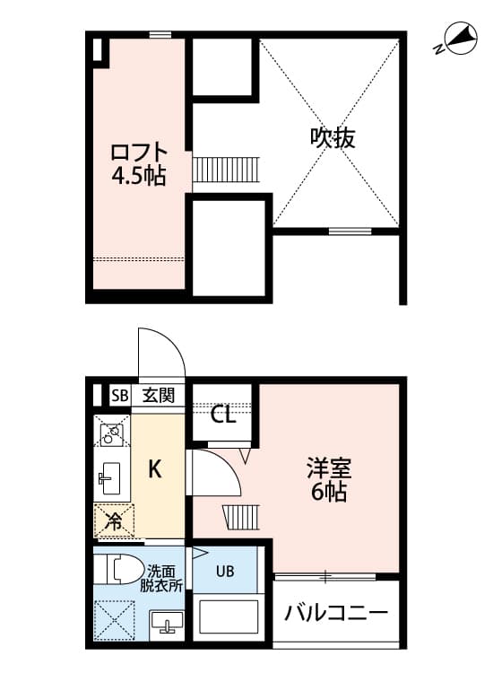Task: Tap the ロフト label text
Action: [x=138, y=150]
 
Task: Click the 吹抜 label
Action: [x=333, y=136]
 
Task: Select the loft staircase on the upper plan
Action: [x=226, y=169]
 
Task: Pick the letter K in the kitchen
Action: [x=154, y=468]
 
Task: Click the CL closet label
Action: [x=224, y=415]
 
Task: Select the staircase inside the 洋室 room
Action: [x=240, y=517]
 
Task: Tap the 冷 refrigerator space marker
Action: [x=114, y=520]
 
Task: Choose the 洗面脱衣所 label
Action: [x=162, y=576]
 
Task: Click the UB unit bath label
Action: [x=224, y=569]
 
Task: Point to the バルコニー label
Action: [x=337, y=615]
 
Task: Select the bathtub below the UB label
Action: [x=226, y=618]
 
